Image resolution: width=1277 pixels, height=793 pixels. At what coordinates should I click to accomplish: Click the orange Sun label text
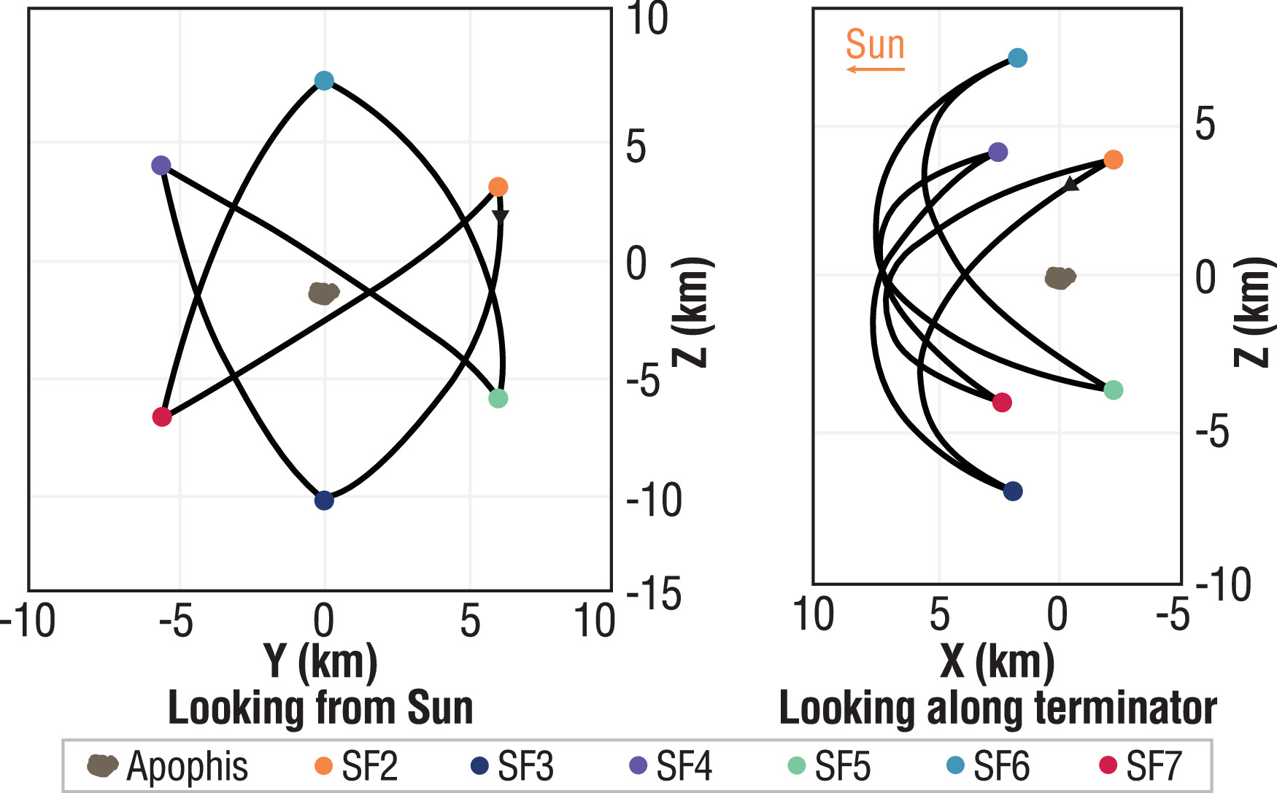875,45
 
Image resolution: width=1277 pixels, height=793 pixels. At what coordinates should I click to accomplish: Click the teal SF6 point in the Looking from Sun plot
324,81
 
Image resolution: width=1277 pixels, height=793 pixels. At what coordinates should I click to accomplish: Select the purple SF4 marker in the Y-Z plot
161,166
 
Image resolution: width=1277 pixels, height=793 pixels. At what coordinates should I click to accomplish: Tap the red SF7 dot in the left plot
162,417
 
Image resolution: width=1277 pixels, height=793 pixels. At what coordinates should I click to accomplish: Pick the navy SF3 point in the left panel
324,500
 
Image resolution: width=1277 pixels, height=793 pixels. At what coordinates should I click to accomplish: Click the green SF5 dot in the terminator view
1113,390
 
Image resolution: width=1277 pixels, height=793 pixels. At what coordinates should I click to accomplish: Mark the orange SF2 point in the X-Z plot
1113,160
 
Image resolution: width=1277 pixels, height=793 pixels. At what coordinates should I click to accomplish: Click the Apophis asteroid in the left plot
323,293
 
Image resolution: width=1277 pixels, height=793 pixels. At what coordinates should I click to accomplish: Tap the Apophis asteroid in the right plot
1060,277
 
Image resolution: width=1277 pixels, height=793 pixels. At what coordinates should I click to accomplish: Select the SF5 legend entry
829,766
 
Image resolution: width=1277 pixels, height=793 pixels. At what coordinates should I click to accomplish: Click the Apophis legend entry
168,766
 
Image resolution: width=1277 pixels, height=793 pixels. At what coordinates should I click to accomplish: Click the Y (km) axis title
320,661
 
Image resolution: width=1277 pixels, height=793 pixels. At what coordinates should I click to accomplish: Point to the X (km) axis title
998,661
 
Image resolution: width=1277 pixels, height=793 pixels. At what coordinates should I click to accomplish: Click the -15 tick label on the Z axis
654,594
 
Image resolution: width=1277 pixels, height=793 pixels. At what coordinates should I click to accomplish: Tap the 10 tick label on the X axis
814,614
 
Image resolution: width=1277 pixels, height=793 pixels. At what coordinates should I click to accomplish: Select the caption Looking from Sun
320,708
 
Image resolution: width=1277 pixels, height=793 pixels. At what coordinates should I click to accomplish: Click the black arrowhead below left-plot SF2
500,216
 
